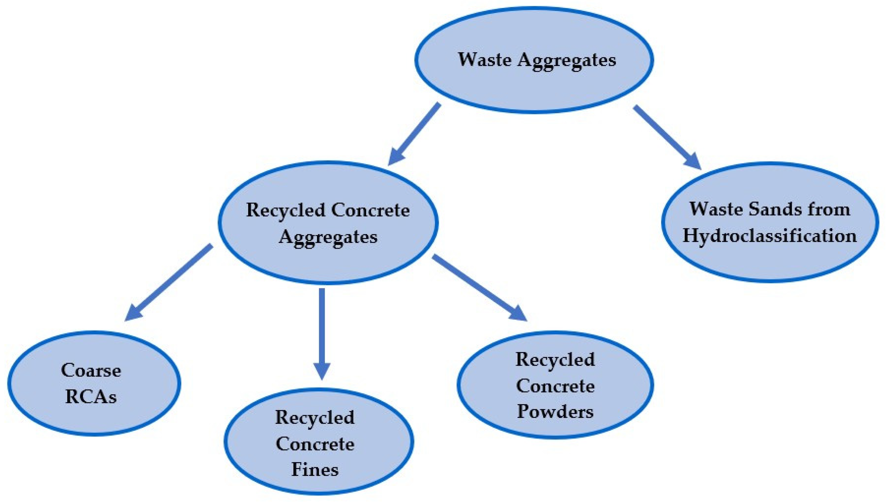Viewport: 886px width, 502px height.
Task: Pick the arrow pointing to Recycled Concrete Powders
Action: [479, 288]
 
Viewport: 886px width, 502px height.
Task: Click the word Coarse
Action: [91, 370]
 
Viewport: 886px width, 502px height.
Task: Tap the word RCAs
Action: [91, 397]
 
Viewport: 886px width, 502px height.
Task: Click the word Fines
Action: [315, 470]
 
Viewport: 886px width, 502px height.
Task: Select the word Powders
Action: [555, 412]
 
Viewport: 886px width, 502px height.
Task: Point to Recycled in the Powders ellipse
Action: [555, 360]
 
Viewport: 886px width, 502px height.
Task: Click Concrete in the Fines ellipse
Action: [315, 444]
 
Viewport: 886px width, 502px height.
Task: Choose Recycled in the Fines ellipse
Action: [315, 418]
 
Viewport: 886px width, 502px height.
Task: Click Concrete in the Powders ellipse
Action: [555, 386]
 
